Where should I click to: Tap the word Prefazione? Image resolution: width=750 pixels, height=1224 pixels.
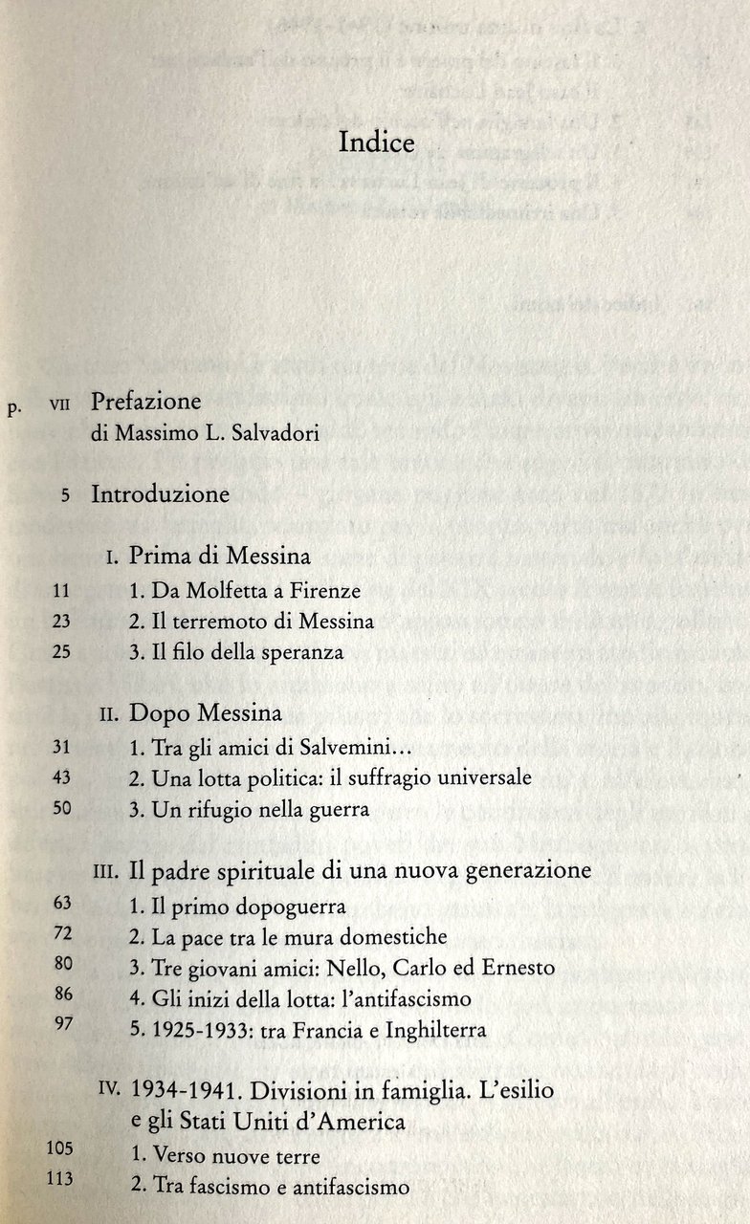[x=146, y=402]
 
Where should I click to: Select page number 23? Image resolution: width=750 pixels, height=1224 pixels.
[x=61, y=622]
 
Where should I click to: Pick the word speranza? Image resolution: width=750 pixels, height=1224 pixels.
[x=298, y=652]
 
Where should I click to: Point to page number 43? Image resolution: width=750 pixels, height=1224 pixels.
[x=61, y=778]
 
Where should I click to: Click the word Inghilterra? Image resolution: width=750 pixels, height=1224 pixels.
[x=431, y=1030]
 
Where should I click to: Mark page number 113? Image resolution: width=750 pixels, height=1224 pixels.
[x=59, y=1179]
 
